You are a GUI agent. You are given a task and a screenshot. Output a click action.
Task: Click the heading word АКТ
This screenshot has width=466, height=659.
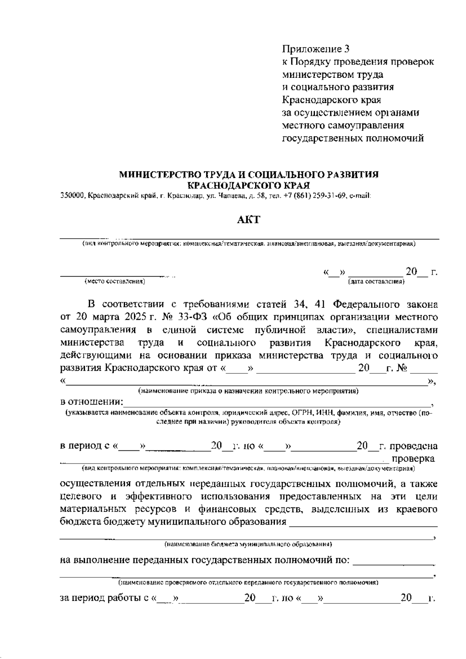tap(249, 220)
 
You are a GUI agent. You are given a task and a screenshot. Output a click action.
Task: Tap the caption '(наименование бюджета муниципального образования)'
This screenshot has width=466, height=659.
tap(248, 544)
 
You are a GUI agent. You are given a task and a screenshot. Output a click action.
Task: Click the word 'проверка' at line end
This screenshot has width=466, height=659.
tap(414, 459)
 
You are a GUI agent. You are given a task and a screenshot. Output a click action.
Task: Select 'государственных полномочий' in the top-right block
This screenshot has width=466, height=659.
tap(353, 138)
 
